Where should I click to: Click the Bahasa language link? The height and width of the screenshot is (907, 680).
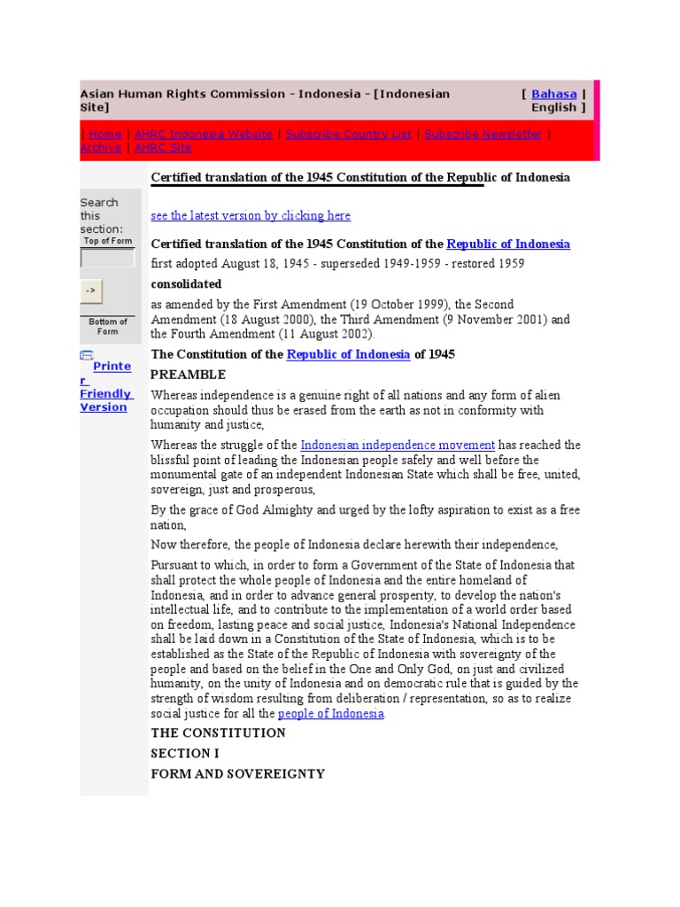(x=553, y=94)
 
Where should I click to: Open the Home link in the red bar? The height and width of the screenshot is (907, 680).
(x=104, y=134)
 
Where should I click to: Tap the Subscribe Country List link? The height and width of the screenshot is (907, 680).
(x=348, y=134)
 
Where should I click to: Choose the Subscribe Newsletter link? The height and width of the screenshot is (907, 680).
(x=483, y=134)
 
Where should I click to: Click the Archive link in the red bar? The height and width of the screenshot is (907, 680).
(x=100, y=148)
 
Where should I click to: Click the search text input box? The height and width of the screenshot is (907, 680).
(x=107, y=259)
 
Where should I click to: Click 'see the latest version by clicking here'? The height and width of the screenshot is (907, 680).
(x=251, y=215)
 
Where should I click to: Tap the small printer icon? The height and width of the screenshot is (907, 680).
(x=86, y=355)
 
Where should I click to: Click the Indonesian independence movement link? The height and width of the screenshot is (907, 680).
(x=398, y=445)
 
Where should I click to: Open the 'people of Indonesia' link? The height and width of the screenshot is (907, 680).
(x=331, y=714)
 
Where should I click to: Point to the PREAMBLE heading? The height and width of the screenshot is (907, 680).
(x=188, y=375)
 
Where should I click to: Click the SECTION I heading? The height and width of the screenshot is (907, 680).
(x=185, y=753)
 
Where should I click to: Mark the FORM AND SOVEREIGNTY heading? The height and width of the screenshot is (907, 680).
(x=237, y=773)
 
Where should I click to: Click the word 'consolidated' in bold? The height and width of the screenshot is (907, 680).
(x=186, y=284)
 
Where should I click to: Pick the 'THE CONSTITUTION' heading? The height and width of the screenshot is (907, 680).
(x=218, y=733)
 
